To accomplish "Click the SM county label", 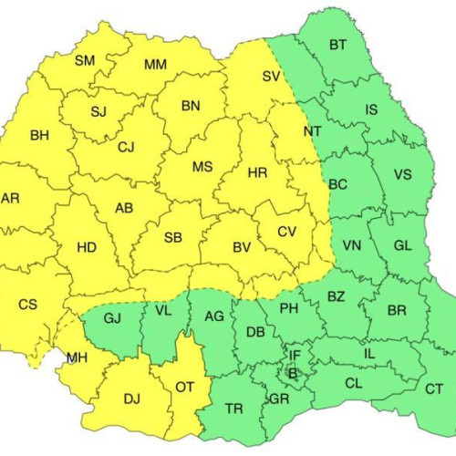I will pyautogui.click(x=85, y=61).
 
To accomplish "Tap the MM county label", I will pyautogui.click(x=156, y=65).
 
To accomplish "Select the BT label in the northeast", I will pyautogui.click(x=338, y=44).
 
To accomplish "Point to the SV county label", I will pyautogui.click(x=271, y=77).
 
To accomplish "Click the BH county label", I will pyautogui.click(x=40, y=136).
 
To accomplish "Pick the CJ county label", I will pyautogui.click(x=126, y=147).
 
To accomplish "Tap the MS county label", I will pyautogui.click(x=202, y=167).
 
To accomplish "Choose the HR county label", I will pyautogui.click(x=258, y=172).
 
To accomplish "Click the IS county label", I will pyautogui.click(x=371, y=110).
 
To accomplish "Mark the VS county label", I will pyautogui.click(x=401, y=175).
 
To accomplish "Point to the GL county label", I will pyautogui.click(x=403, y=245).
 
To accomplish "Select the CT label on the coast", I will pyautogui.click(x=435, y=389).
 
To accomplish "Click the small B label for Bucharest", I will pyautogui.click(x=293, y=372).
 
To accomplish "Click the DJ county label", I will pyautogui.click(x=132, y=398).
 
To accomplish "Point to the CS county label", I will pyautogui.click(x=28, y=304).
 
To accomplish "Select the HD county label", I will pyautogui.click(x=87, y=247).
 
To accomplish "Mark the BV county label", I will pyautogui.click(x=241, y=247).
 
